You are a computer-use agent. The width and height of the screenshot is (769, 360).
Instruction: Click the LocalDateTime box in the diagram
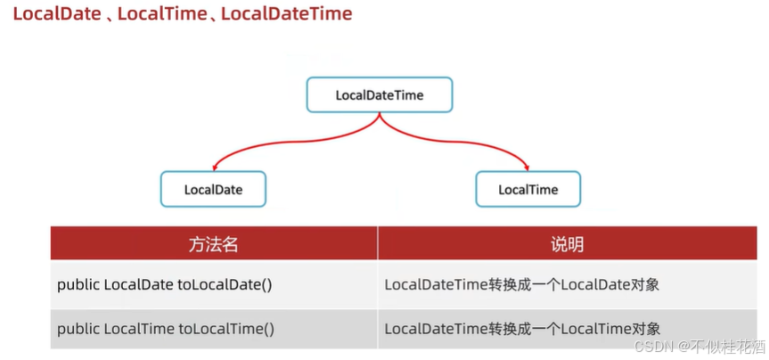(380, 94)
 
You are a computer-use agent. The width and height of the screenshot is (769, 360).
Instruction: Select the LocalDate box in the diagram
(213, 189)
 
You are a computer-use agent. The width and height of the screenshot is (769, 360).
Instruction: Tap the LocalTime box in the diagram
(528, 189)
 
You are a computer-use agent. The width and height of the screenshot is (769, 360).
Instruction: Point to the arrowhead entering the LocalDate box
(214, 167)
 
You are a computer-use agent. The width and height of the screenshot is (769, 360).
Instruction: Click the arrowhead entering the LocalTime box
(528, 167)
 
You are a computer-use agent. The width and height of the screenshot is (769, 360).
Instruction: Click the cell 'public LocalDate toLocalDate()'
(166, 285)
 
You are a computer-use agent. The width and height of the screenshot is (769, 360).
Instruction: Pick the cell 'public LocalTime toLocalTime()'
(166, 329)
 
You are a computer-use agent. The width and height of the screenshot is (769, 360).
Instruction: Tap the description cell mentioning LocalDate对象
(521, 285)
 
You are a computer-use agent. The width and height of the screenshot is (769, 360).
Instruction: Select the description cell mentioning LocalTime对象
(521, 329)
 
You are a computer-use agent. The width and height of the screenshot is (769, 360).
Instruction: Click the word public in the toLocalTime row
(78, 329)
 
